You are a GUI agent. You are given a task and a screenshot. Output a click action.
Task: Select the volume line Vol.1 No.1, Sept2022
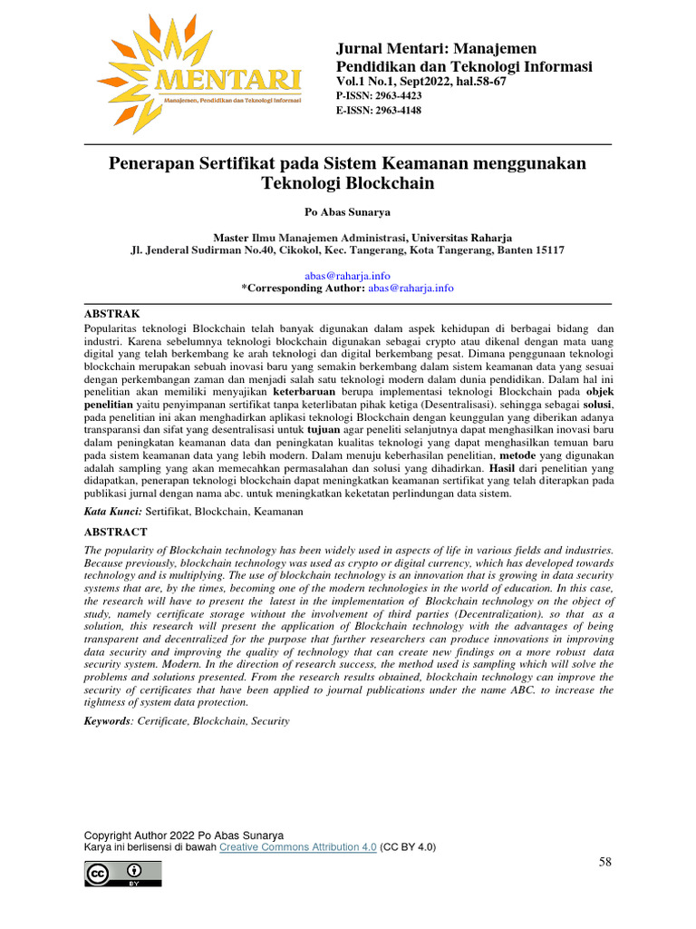tap(421, 81)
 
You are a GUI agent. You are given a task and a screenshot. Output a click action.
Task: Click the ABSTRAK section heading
tap(111, 312)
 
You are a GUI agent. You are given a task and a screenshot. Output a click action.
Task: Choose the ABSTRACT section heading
tap(115, 532)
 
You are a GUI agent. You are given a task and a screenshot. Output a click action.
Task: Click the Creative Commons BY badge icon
tap(123, 874)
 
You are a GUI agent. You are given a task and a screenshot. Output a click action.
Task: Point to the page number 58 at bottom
tap(606, 862)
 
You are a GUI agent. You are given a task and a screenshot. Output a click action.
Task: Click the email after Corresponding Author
tap(411, 288)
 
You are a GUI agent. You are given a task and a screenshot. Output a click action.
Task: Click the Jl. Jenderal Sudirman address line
tap(348, 249)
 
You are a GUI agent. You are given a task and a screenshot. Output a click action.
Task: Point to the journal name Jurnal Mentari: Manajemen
tap(436, 48)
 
